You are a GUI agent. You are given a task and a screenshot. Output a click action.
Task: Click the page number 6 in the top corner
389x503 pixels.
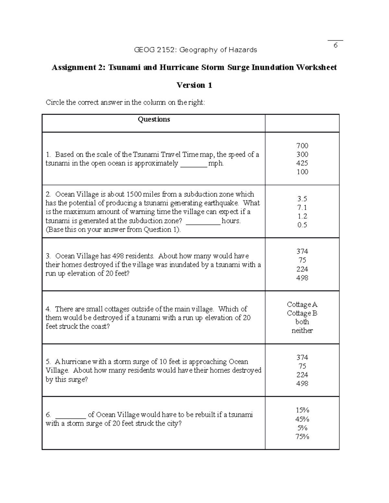click(x=336, y=45)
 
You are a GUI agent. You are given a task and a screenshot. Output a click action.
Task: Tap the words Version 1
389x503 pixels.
click(x=194, y=85)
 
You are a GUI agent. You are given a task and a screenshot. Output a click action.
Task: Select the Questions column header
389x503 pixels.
click(x=154, y=120)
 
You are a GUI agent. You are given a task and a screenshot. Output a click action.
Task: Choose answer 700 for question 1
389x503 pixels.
click(x=302, y=146)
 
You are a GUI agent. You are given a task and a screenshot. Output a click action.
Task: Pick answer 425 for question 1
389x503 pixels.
click(x=302, y=163)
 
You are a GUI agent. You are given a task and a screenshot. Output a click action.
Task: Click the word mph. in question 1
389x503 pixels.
click(x=216, y=163)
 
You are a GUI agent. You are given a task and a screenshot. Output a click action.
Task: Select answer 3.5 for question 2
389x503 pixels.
click(x=302, y=199)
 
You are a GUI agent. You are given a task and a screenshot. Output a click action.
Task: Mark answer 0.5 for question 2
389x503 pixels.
click(x=302, y=225)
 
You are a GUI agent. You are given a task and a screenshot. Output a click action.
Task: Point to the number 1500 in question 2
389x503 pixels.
click(x=134, y=194)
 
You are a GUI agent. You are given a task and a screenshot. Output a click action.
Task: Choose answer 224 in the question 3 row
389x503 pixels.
click(x=302, y=269)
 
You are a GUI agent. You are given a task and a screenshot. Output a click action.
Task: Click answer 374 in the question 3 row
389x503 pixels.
click(x=302, y=252)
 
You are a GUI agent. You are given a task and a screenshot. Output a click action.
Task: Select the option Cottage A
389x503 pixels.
click(x=302, y=304)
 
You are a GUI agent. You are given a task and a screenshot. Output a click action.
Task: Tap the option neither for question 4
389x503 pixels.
click(x=302, y=331)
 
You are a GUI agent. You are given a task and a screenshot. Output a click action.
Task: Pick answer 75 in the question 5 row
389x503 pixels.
click(x=302, y=366)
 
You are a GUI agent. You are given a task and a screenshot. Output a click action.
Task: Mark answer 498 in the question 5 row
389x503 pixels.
click(x=302, y=384)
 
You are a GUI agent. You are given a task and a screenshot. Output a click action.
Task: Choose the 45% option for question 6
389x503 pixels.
click(x=302, y=419)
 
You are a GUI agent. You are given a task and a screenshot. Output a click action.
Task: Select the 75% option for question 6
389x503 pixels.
click(x=302, y=437)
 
